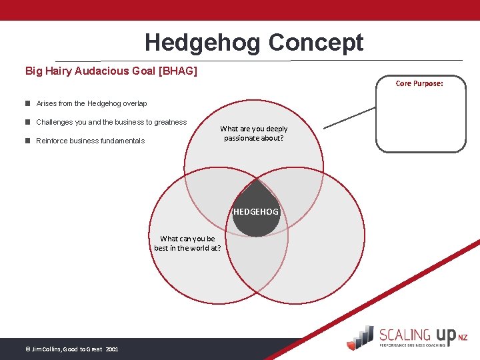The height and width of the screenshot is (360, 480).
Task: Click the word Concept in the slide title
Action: click(316, 43)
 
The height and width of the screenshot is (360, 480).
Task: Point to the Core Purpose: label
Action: click(419, 83)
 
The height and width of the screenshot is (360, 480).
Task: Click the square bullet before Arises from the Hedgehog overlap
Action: click(28, 103)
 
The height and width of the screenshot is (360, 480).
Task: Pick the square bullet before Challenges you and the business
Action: click(28, 122)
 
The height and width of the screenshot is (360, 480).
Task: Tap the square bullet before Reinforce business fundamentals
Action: click(28, 141)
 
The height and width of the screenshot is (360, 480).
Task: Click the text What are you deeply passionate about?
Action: click(254, 133)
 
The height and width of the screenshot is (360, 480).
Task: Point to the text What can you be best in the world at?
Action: click(187, 243)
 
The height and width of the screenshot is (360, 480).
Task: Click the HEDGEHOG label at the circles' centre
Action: click(256, 212)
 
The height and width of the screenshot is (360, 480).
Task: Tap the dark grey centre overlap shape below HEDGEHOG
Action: click(256, 227)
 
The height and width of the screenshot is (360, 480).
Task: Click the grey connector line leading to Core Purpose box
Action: click(349, 118)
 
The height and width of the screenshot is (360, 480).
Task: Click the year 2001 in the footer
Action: click(111, 349)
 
